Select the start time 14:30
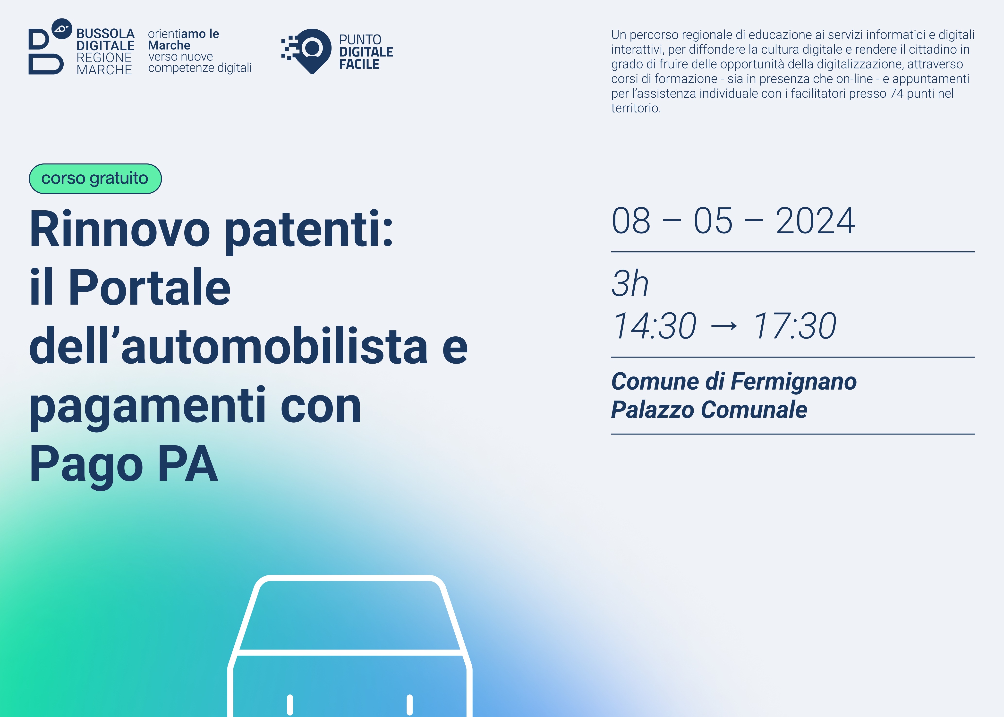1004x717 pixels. click(654, 326)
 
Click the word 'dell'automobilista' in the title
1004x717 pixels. click(228, 346)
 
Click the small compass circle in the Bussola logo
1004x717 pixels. click(62, 29)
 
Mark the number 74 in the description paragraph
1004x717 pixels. click(897, 94)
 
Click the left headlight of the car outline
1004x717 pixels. click(290, 705)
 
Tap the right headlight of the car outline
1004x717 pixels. click(410, 705)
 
